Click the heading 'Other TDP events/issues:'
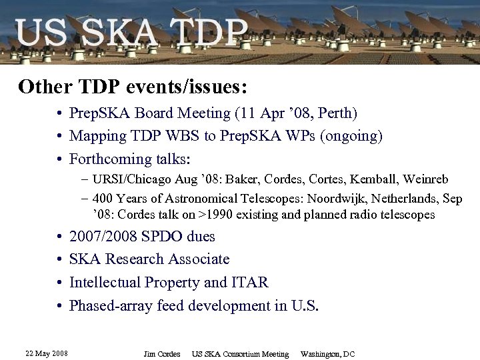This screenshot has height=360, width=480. pyautogui.click(x=133, y=87)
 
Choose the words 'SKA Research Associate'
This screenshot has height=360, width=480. pyautogui.click(x=149, y=259)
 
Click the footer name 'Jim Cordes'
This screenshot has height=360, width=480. pyautogui.click(x=162, y=354)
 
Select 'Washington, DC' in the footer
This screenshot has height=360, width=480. pyautogui.click(x=328, y=354)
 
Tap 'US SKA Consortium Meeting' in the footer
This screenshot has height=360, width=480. pyautogui.click(x=240, y=354)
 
